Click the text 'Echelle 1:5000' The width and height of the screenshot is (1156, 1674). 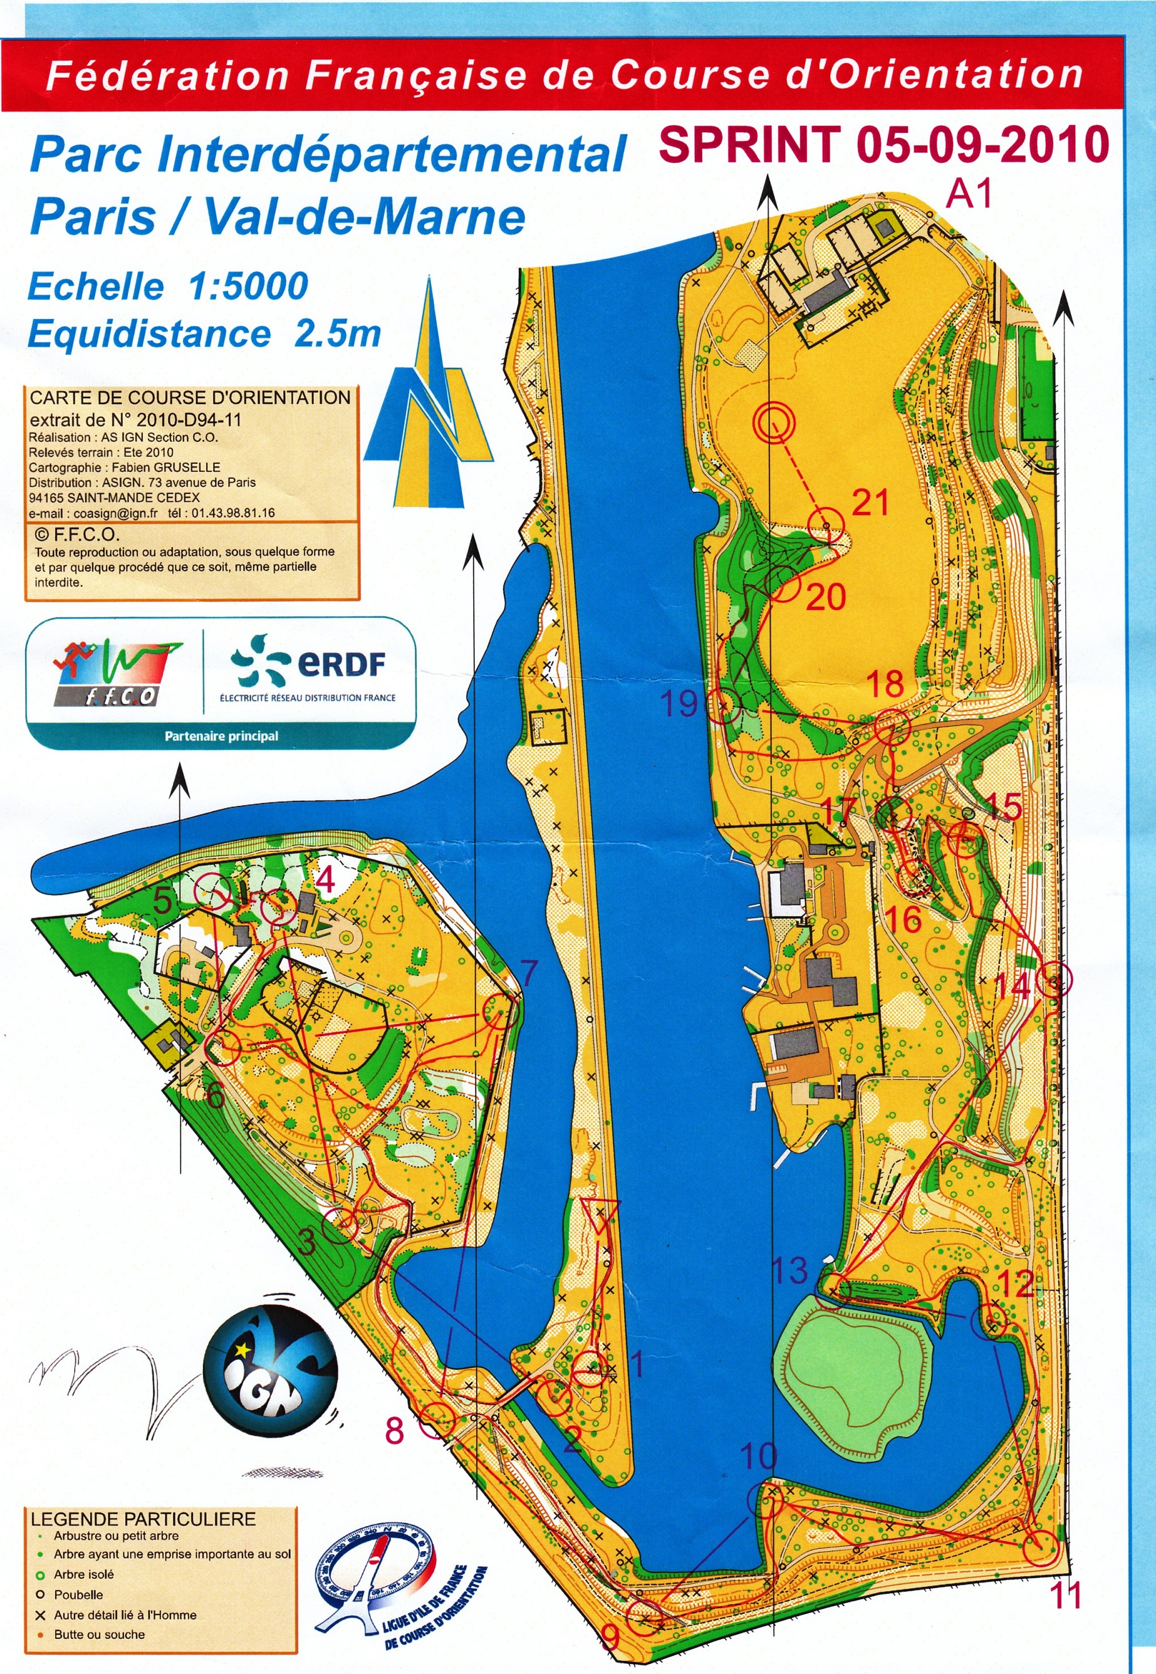(168, 286)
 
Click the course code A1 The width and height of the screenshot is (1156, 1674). (969, 194)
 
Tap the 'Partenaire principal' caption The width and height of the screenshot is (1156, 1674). (221, 736)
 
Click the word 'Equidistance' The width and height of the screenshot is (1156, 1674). (149, 334)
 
